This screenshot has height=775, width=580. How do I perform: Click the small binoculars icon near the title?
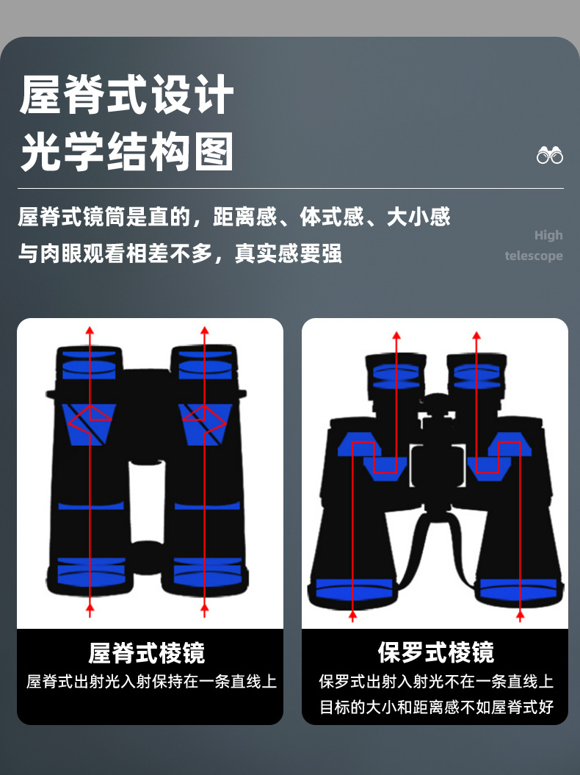click(x=550, y=155)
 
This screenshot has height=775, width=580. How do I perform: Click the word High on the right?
click(x=548, y=235)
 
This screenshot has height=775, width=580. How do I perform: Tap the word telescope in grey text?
click(x=534, y=256)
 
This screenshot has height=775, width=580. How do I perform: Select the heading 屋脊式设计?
click(x=126, y=95)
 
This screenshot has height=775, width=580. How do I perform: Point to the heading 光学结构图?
click(x=126, y=152)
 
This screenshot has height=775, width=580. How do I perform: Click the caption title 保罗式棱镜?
click(x=436, y=652)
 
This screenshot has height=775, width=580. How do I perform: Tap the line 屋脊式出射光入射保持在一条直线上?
click(x=151, y=682)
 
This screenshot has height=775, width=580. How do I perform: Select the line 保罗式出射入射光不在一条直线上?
click(x=436, y=682)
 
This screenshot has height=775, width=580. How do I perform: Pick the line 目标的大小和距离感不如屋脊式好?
click(x=436, y=707)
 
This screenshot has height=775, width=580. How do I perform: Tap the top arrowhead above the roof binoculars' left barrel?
click(x=90, y=331)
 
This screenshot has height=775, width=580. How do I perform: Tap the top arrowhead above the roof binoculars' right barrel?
click(x=205, y=331)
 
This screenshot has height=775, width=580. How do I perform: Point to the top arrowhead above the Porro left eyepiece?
click(x=396, y=336)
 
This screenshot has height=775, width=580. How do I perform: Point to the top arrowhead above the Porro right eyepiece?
click(x=476, y=336)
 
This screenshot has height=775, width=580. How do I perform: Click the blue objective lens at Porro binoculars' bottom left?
click(x=354, y=588)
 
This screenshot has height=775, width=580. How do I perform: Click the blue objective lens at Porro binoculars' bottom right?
click(x=518, y=588)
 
